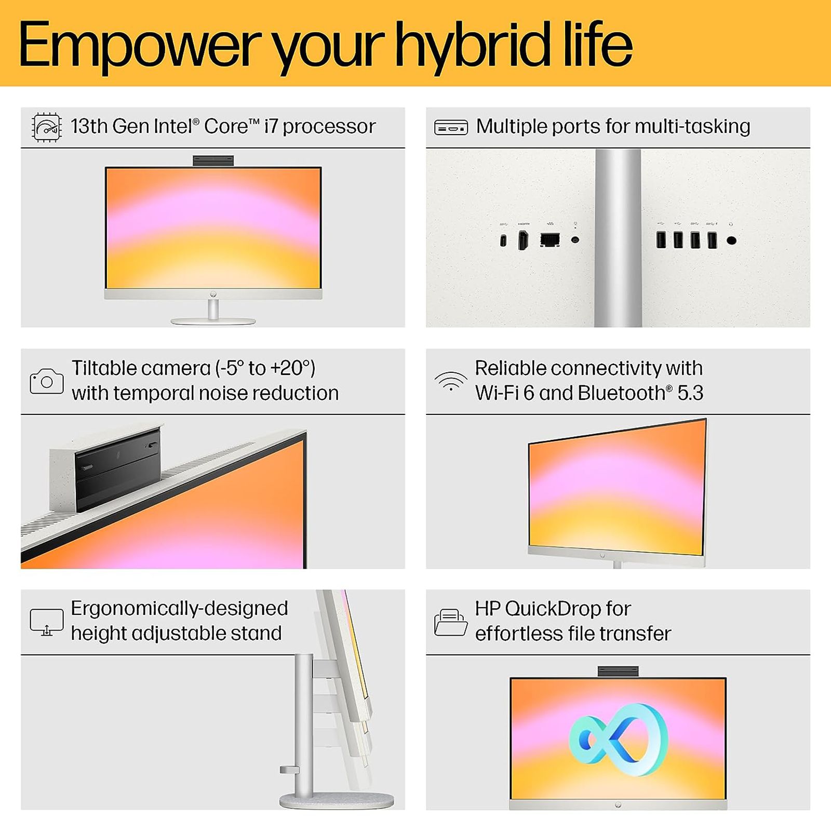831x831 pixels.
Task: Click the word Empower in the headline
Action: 140,46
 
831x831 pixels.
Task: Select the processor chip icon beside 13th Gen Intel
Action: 47,127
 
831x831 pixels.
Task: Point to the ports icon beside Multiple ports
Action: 450,127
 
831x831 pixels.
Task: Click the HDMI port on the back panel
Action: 523,240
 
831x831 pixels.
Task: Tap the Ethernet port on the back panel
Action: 549,240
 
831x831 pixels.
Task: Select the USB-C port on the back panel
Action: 503,240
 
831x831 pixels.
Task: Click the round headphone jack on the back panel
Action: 731,240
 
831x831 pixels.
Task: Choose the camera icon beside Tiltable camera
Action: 47,381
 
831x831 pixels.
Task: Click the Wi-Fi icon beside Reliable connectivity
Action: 450,381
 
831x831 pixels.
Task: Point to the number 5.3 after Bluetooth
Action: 690,393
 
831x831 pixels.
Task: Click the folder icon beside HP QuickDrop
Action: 450,622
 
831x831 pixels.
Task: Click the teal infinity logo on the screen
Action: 618,740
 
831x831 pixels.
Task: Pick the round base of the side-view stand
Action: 337,800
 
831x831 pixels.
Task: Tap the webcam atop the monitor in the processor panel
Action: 213,160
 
